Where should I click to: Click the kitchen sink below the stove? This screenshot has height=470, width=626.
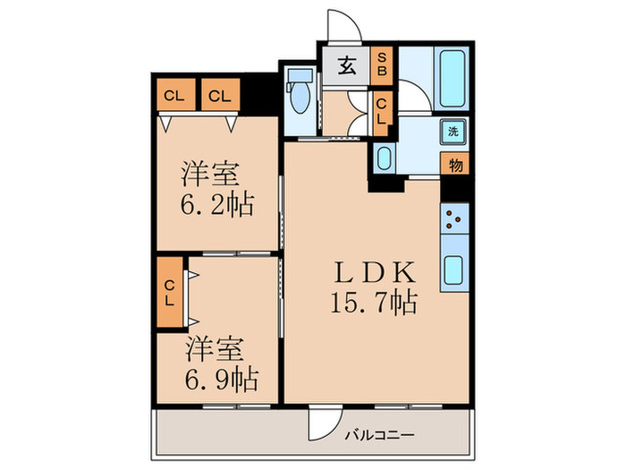[455, 269]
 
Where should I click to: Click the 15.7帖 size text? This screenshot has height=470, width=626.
[374, 303]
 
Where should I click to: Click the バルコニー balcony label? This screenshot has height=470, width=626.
[379, 435]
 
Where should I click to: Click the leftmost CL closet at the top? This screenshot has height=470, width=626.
[174, 95]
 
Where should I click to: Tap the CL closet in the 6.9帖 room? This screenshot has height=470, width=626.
[170, 294]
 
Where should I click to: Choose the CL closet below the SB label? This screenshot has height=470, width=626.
[381, 112]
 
